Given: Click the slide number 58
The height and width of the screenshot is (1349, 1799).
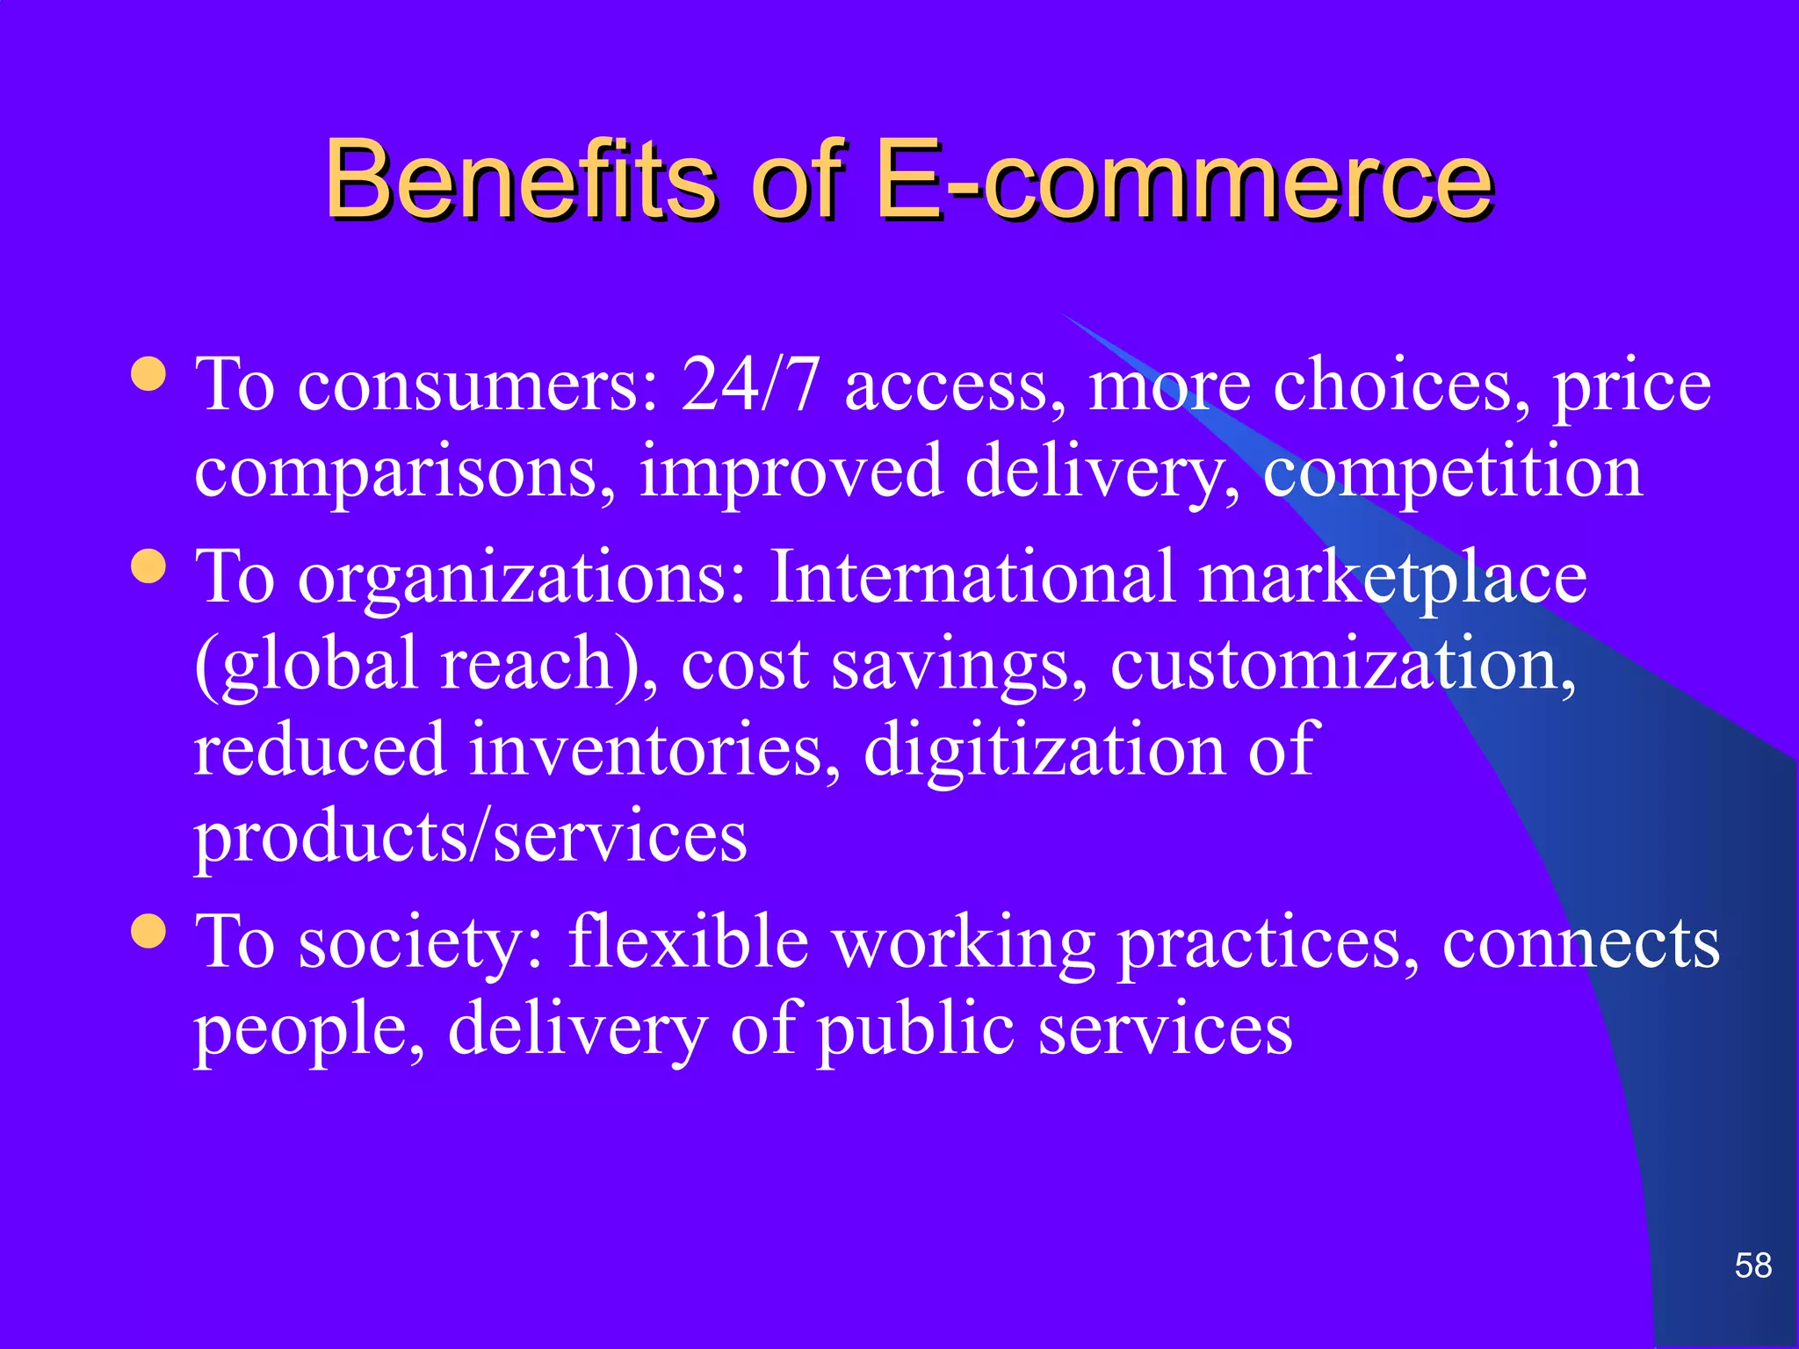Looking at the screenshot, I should point(1753,1266).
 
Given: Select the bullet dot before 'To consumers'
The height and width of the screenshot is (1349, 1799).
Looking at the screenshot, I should point(148,373).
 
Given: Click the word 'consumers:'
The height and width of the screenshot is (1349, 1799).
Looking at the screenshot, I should point(479,386).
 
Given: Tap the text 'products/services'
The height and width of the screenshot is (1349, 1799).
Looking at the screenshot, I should point(471,837).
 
